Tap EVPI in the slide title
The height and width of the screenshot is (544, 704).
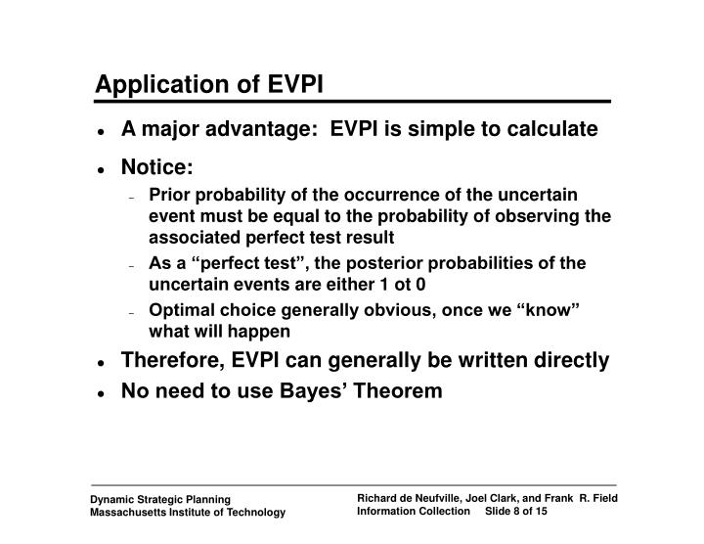(x=295, y=83)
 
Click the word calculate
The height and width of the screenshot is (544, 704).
(x=552, y=129)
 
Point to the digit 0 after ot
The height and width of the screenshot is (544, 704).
(x=420, y=285)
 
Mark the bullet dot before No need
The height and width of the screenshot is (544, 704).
(x=101, y=394)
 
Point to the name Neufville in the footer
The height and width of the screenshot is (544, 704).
(x=439, y=498)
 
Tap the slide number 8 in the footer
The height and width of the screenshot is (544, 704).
(x=516, y=511)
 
